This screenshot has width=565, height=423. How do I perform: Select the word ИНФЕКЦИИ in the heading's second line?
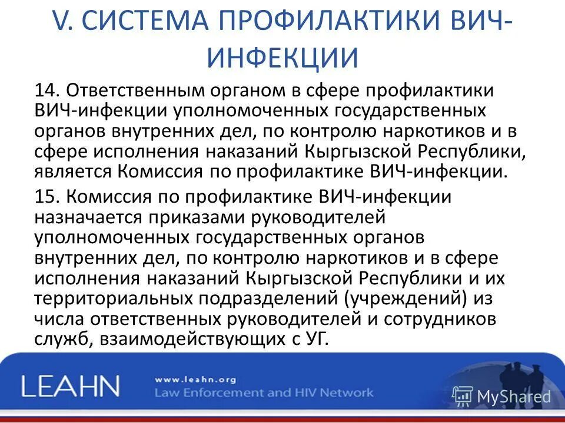283,58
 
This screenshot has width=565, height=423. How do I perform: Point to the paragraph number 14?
45,90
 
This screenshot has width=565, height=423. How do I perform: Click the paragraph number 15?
45,197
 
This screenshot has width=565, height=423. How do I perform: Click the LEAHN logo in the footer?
70,386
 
